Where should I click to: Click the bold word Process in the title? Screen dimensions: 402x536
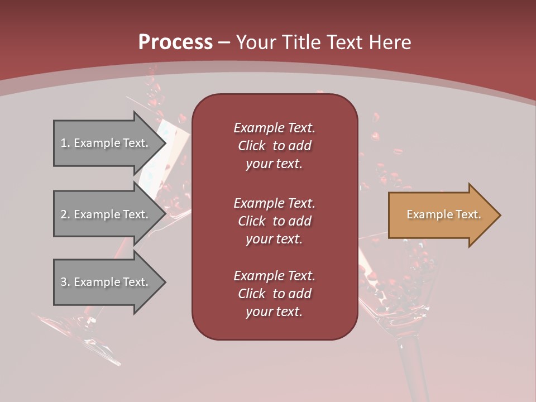pos(175,42)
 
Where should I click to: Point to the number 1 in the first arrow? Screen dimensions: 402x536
pos(64,143)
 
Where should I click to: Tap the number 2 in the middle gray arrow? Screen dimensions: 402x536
pos(64,214)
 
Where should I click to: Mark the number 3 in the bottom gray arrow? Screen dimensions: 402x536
pos(64,282)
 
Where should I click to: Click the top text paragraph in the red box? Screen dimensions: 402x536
pos(274,146)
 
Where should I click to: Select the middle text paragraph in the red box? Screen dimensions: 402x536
pos(274,221)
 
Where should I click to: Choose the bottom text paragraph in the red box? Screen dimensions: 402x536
pos(274,294)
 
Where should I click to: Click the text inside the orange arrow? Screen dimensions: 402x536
pos(444,214)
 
